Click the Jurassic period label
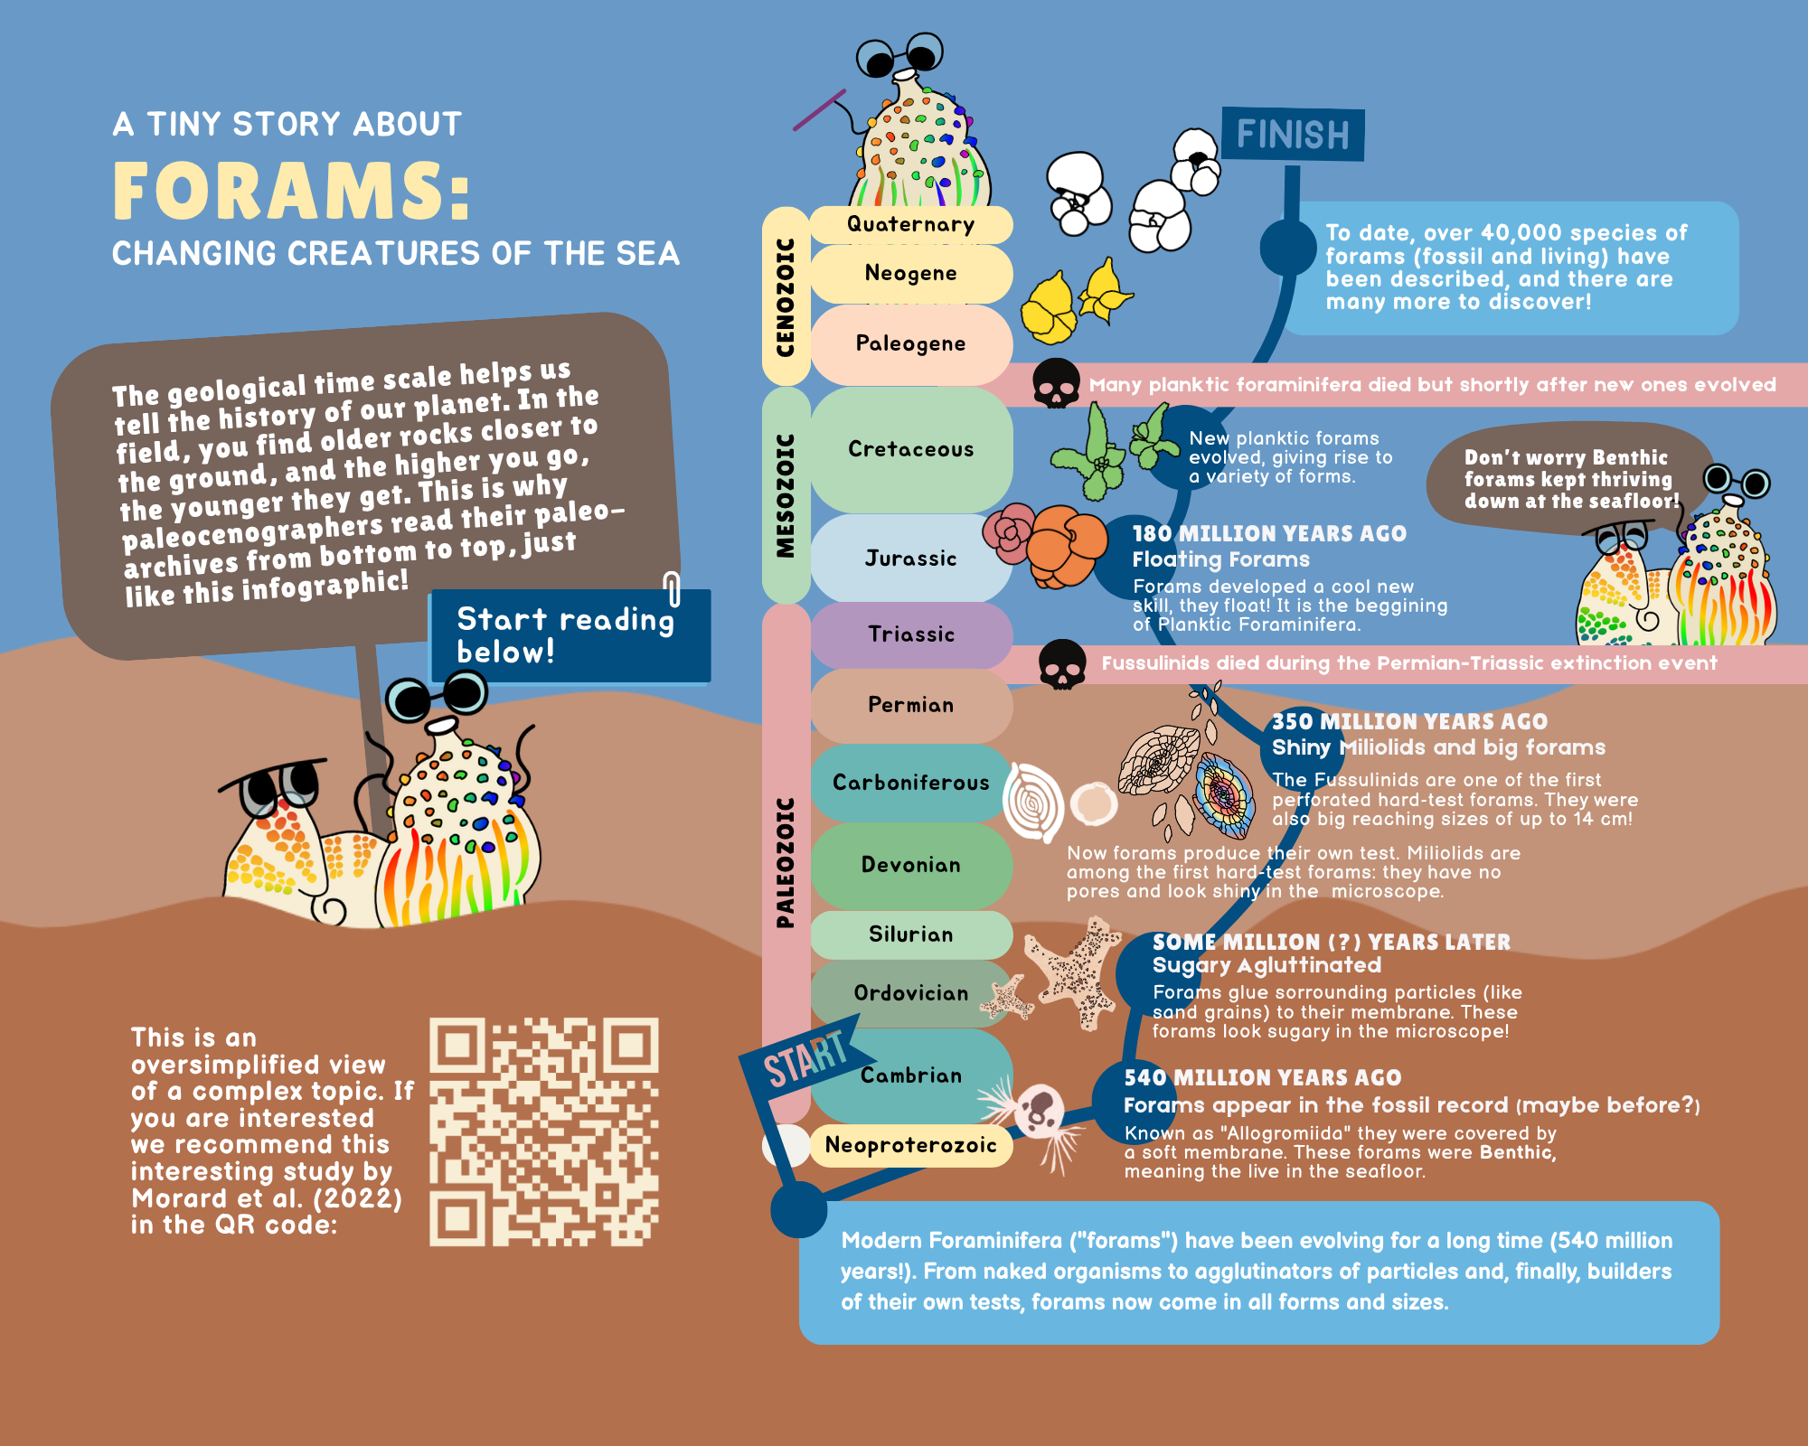coord(910,559)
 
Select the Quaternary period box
coord(910,224)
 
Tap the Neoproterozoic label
coord(910,1145)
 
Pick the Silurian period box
coord(910,934)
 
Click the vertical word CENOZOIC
coord(786,296)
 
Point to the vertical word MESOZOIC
coord(786,495)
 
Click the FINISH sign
coord(1293,135)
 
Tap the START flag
coord(805,1059)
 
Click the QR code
coord(543,1131)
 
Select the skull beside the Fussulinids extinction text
coord(1062,664)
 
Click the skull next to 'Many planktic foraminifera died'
coord(1056,383)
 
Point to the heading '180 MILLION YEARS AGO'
coord(1269,534)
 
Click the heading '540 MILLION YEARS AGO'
coord(1262,1077)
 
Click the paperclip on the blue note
coord(672,588)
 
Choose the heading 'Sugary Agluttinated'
coord(1267,965)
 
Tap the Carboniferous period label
coord(910,783)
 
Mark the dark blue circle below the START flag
coord(798,1208)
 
